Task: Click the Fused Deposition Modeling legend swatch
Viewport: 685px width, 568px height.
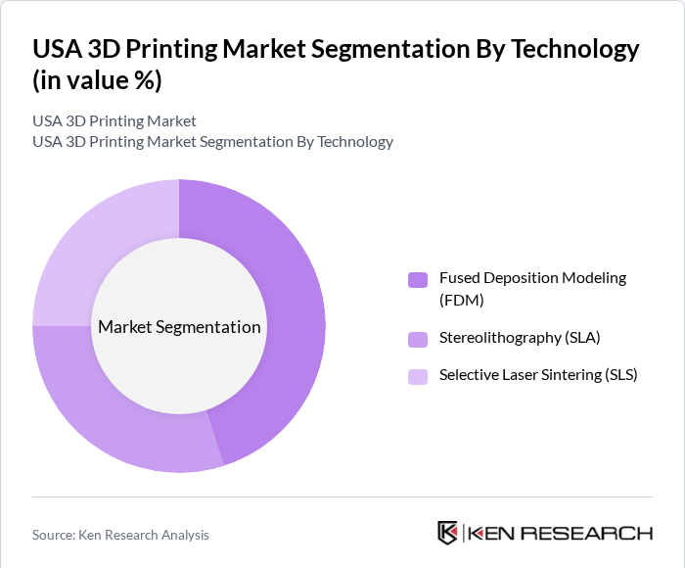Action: (418, 280)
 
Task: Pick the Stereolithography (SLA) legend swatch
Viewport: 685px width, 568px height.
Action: (418, 339)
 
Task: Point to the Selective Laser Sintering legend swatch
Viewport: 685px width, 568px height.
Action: (418, 376)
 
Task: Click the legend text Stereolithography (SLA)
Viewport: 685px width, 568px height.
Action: (519, 338)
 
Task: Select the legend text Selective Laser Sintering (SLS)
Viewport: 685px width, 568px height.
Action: (537, 374)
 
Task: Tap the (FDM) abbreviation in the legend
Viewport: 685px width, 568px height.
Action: (462, 300)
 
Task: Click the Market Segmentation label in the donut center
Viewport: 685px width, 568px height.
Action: (179, 327)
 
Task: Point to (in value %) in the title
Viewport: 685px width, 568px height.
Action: (97, 80)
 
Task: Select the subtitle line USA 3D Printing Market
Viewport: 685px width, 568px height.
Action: (114, 121)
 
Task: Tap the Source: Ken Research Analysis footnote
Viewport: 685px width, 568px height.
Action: (120, 535)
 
